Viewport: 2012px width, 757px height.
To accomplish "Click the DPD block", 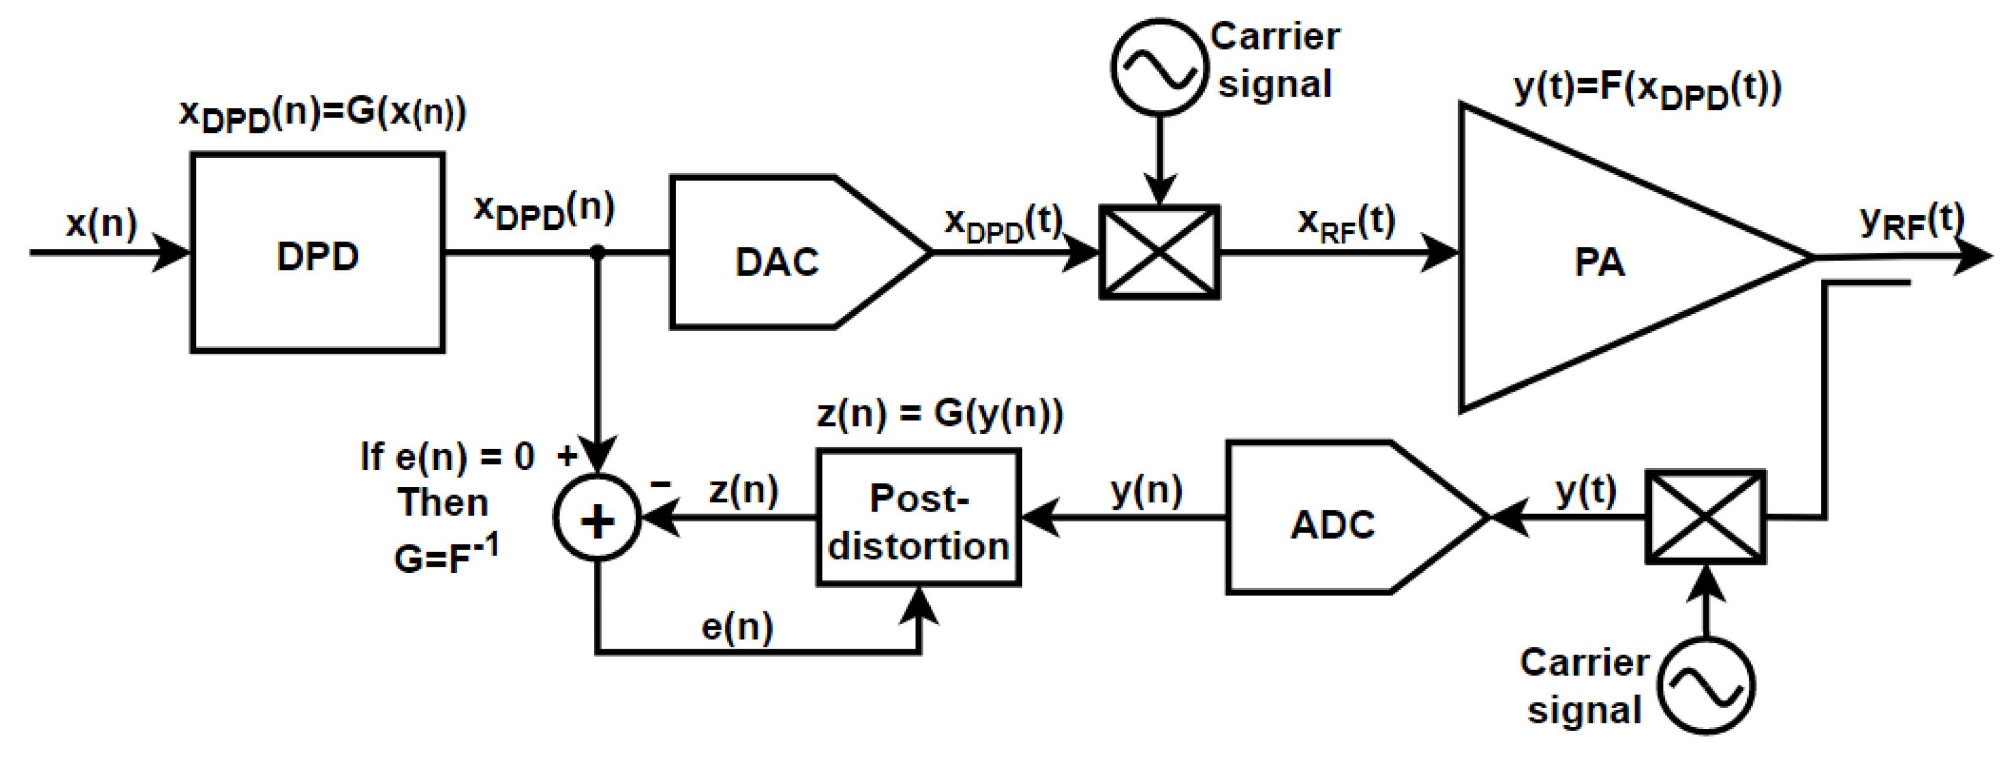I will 317,252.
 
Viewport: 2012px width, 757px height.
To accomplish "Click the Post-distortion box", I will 919,518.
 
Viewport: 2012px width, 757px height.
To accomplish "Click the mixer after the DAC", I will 1159,252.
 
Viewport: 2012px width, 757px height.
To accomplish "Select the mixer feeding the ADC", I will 1706,517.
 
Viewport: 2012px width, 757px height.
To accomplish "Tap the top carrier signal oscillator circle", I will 1159,68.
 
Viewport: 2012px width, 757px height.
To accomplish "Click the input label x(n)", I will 102,224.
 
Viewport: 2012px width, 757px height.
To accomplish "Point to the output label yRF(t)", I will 1910,223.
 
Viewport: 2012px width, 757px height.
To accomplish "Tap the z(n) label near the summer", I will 744,491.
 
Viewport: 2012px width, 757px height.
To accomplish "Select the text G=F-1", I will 445,556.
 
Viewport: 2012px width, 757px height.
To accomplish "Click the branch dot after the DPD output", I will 597,252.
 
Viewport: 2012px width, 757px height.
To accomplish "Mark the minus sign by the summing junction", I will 660,484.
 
